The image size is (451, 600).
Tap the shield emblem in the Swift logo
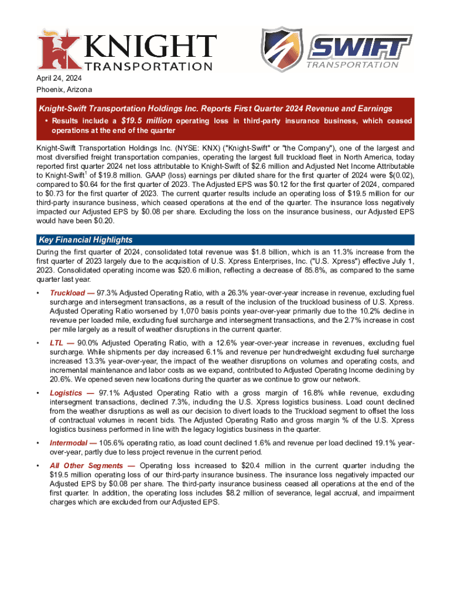(282, 50)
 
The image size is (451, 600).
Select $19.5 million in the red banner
(147, 121)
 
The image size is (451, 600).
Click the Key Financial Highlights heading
(85, 240)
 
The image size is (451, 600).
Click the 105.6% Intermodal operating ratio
(114, 443)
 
